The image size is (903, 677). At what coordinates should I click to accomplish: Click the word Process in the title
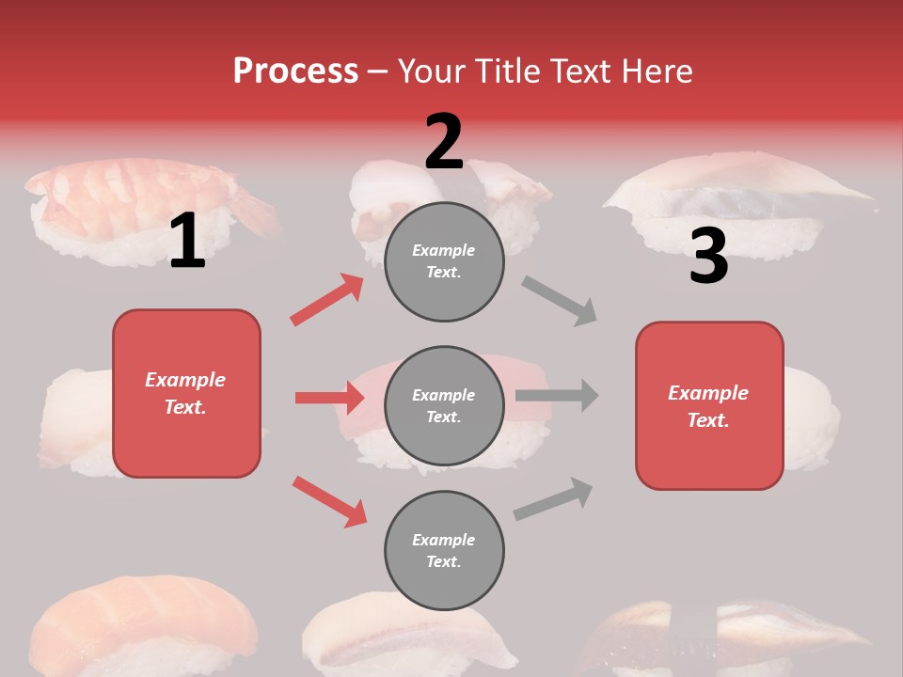pyautogui.click(x=295, y=71)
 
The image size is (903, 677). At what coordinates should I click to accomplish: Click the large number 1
pyautogui.click(x=187, y=242)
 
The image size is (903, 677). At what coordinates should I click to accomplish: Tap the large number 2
pyautogui.click(x=444, y=142)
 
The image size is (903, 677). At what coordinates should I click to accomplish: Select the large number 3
pyautogui.click(x=708, y=257)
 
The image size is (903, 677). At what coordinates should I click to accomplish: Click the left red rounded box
pyautogui.click(x=186, y=393)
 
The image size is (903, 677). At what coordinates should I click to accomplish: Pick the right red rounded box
pyautogui.click(x=709, y=406)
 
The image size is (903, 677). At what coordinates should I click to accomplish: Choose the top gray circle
pyautogui.click(x=444, y=261)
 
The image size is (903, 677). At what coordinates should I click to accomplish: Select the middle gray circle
pyautogui.click(x=444, y=406)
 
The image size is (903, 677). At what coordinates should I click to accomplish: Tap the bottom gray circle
pyautogui.click(x=444, y=551)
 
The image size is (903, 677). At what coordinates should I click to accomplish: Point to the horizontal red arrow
pyautogui.click(x=329, y=398)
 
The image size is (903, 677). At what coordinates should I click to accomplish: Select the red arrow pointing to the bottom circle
pyautogui.click(x=329, y=501)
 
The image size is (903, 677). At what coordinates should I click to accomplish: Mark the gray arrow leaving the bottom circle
pyautogui.click(x=553, y=499)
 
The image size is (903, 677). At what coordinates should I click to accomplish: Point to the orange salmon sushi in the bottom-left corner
pyautogui.click(x=141, y=625)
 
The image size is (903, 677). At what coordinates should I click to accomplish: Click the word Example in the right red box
pyautogui.click(x=708, y=393)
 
